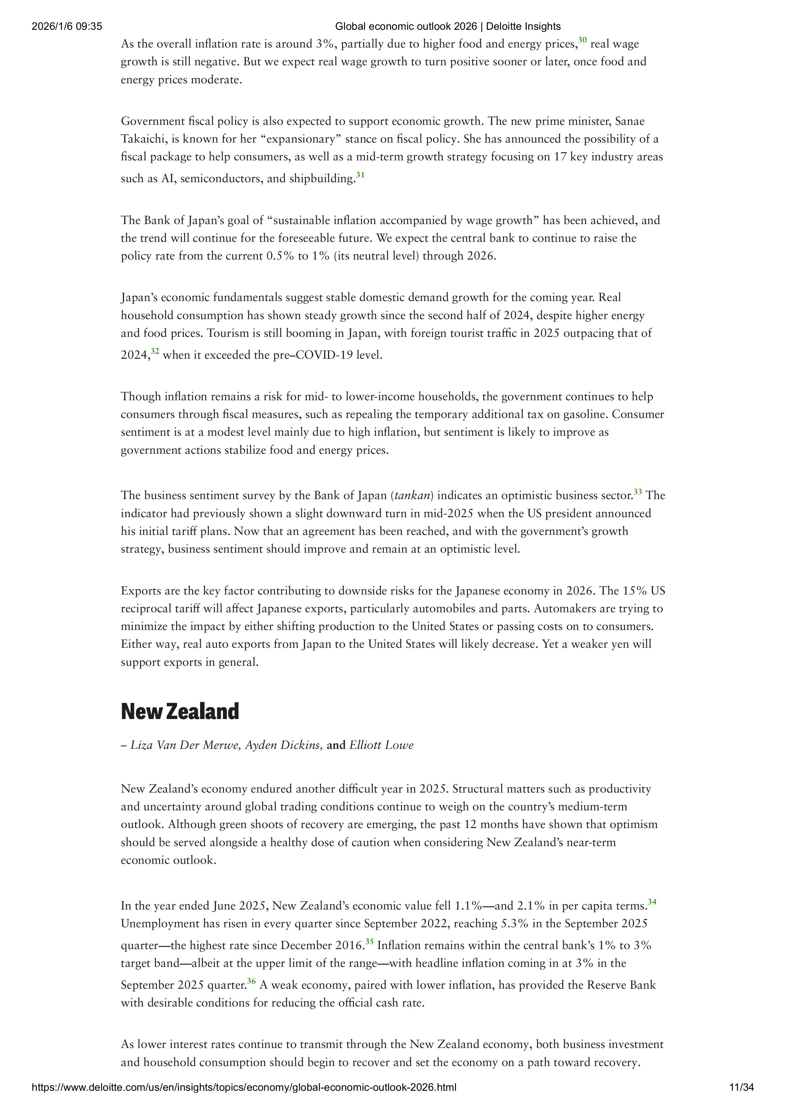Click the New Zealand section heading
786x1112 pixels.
[180, 711]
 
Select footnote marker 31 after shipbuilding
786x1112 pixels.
[360, 175]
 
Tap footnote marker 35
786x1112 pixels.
[369, 942]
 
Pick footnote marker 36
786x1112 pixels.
[251, 981]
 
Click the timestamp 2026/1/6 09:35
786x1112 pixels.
[67, 27]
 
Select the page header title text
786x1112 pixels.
[447, 27]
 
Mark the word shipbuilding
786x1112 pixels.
[322, 179]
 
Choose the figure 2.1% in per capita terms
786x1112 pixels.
[532, 906]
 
